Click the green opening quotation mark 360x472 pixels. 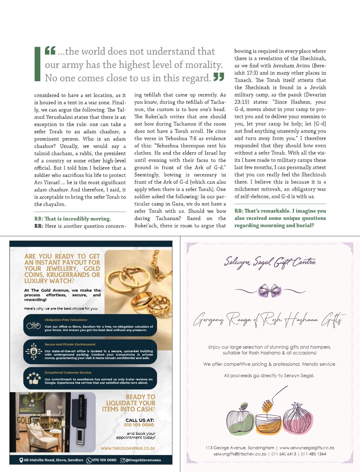click(50, 51)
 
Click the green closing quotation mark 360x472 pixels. click(218, 77)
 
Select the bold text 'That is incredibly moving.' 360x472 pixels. click(73, 219)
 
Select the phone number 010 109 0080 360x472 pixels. click(139, 425)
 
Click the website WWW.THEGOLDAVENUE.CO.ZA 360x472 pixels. click(128, 449)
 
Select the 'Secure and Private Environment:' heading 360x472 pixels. click(70, 344)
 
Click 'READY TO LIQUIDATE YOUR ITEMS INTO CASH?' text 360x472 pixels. click(129, 403)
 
